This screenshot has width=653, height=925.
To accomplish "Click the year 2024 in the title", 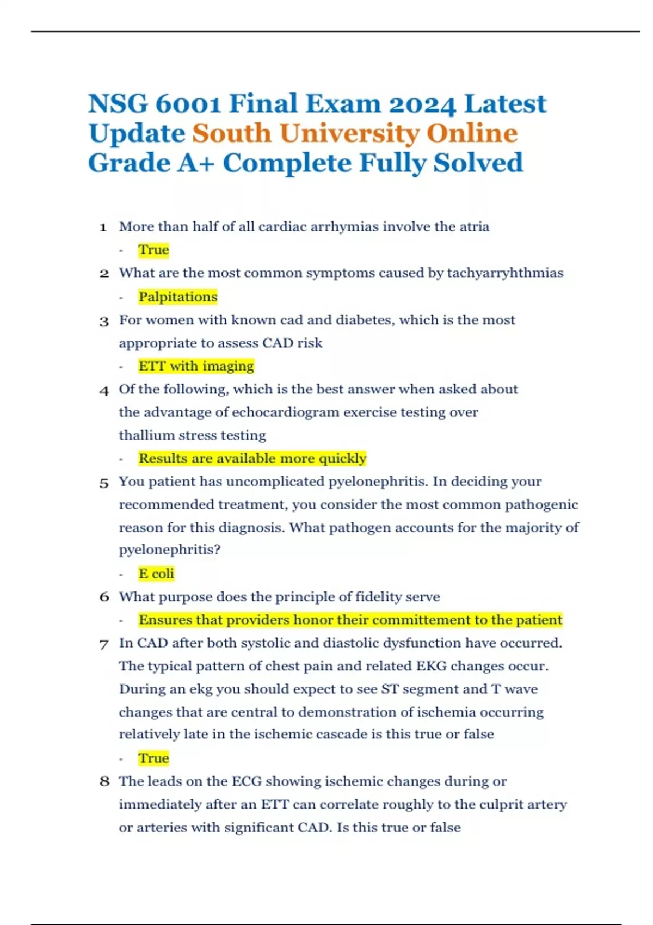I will [x=422, y=104].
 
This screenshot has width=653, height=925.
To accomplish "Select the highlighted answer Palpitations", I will [x=178, y=297].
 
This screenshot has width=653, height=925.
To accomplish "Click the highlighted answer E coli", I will [x=156, y=573].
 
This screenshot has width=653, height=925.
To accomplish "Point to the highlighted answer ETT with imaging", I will [x=196, y=366].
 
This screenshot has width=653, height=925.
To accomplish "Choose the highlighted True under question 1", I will [x=153, y=250].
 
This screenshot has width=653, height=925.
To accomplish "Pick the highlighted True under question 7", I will [x=153, y=758].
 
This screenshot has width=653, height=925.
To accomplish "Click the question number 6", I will [x=104, y=597].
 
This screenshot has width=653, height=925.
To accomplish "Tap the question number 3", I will [x=104, y=321].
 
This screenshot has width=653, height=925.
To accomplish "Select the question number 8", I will [x=104, y=782].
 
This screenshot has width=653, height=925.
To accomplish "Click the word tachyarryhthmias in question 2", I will [x=505, y=273].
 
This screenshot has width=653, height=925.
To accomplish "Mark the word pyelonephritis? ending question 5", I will [x=169, y=550].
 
